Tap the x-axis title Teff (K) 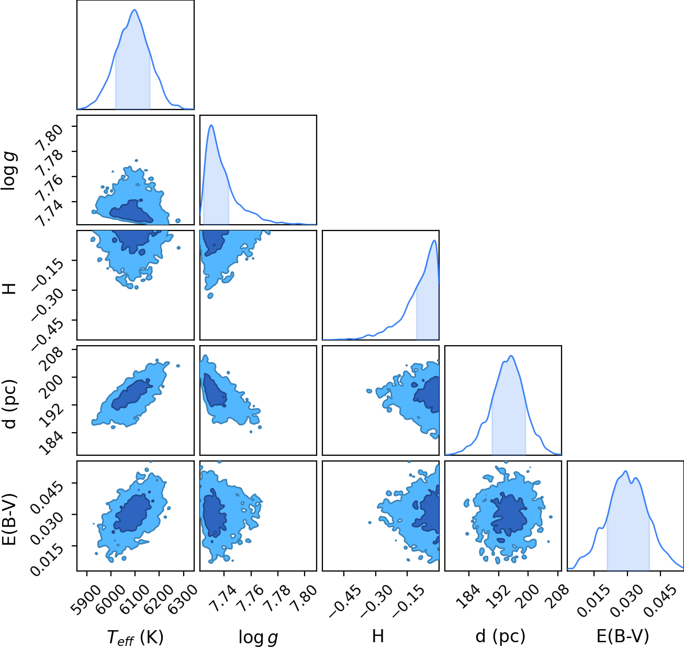135,638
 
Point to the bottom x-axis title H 378,636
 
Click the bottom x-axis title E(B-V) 623,636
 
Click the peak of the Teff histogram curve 134,10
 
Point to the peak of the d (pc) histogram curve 511,356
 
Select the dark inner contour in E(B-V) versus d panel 509,514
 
